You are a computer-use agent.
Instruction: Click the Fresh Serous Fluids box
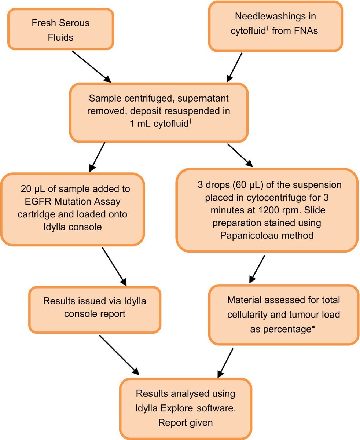[61, 29]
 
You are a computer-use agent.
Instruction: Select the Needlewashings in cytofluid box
[275, 26]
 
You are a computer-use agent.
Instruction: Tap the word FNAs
[306, 31]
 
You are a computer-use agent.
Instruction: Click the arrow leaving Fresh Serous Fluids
[91, 67]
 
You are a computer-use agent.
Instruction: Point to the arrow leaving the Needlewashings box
[234, 67]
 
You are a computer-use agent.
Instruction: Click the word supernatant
[203, 98]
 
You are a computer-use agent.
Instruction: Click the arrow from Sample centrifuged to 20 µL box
[97, 157]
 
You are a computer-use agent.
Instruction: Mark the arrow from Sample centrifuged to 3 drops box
[240, 155]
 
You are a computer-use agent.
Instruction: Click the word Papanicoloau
[247, 235]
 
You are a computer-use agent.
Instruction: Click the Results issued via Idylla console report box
[95, 310]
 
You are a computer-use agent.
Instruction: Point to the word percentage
[280, 329]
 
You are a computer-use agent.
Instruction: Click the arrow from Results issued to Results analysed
[119, 355]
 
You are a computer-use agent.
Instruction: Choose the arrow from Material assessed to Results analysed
[225, 363]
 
